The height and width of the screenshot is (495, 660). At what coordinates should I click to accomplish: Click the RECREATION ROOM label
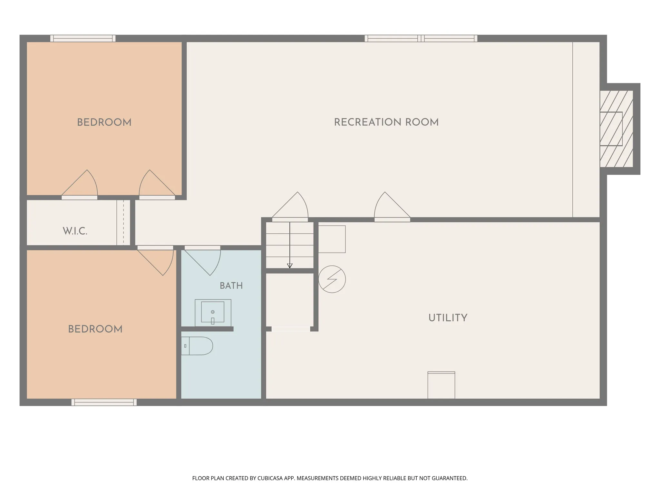coord(386,122)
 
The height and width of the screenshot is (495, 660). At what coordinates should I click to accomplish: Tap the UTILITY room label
coord(448,318)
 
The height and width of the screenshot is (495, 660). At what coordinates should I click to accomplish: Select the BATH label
coord(231,286)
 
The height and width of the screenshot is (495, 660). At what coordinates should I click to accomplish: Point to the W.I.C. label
coord(75,231)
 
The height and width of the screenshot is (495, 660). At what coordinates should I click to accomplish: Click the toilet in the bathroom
coord(197,346)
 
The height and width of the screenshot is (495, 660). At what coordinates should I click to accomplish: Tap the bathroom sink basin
coord(213,312)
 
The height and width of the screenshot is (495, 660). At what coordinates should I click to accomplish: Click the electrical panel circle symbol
coord(332,279)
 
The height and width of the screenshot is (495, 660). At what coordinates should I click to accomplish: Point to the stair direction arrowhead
coord(290,266)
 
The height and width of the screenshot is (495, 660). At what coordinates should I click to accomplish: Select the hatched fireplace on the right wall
coord(616,129)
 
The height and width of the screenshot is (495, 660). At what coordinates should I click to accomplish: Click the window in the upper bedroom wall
coord(83,38)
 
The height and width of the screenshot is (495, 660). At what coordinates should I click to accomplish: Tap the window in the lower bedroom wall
coord(104,402)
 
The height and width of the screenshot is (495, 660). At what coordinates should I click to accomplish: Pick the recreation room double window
coord(421,38)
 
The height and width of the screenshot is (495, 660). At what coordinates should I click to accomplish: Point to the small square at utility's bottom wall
coord(441,385)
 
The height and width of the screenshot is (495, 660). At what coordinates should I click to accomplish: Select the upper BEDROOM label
coord(104,122)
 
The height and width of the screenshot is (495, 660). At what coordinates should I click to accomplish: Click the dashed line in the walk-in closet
coord(123,223)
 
